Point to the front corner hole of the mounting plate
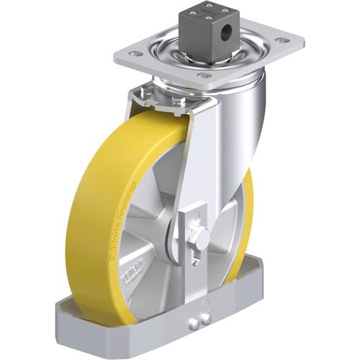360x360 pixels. tap(204, 74)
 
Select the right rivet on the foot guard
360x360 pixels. tap(209, 320)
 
